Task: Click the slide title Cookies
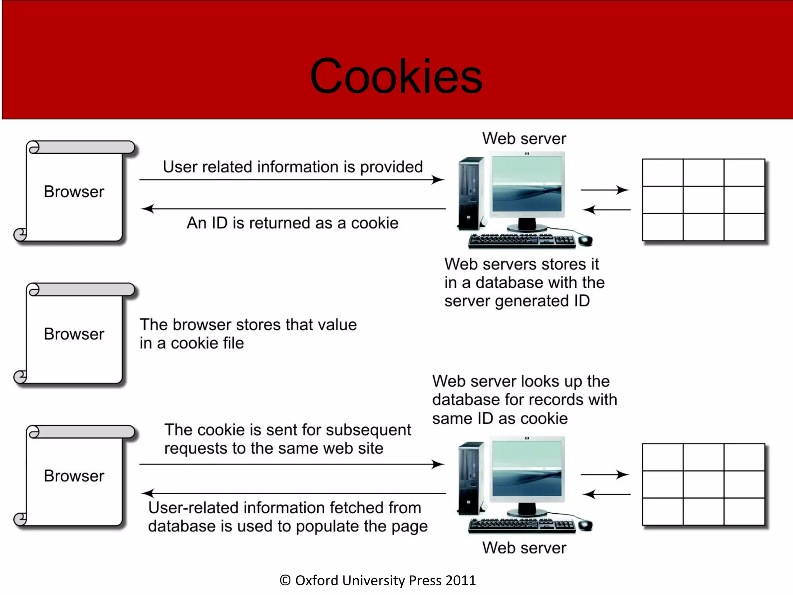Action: [x=396, y=76]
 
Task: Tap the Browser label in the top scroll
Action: [x=74, y=192]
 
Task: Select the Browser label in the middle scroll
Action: [x=74, y=334]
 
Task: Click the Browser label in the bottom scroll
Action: [x=74, y=476]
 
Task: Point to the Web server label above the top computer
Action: [x=524, y=139]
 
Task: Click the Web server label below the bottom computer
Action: [x=524, y=548]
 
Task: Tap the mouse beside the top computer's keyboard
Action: [x=585, y=240]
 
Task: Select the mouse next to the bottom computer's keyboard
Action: [x=585, y=525]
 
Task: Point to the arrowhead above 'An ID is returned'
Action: [x=147, y=209]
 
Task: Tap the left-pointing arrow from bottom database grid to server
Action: [x=606, y=494]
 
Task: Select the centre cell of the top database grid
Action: [x=703, y=200]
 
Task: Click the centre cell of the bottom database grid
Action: [x=703, y=485]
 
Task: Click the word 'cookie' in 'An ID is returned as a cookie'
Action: [x=374, y=223]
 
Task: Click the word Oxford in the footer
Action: [x=317, y=580]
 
